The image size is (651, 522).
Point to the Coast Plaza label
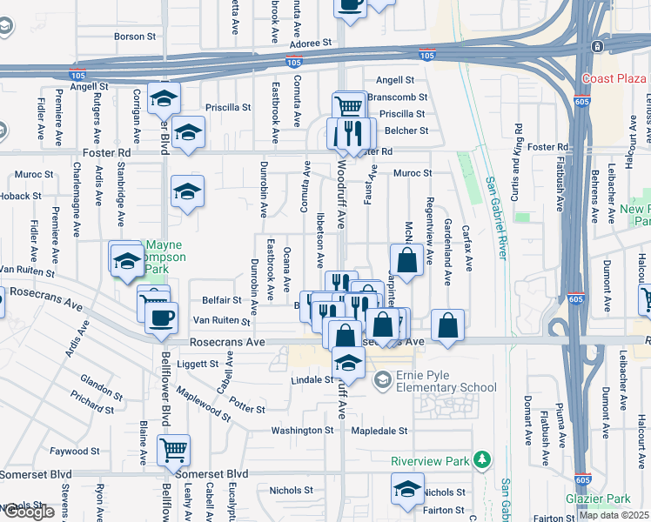coord(614,78)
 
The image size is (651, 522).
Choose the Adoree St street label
coord(312,42)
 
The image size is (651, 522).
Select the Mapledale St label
coord(379,430)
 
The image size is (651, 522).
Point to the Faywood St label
coord(75,452)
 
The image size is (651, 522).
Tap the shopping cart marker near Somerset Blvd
coord(174,449)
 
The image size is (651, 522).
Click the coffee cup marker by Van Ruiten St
coord(160,317)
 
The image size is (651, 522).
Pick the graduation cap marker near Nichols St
coord(406,488)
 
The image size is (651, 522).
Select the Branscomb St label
coord(398,97)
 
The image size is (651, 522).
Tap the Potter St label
coord(248,407)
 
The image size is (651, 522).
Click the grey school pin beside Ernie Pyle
coord(381,381)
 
